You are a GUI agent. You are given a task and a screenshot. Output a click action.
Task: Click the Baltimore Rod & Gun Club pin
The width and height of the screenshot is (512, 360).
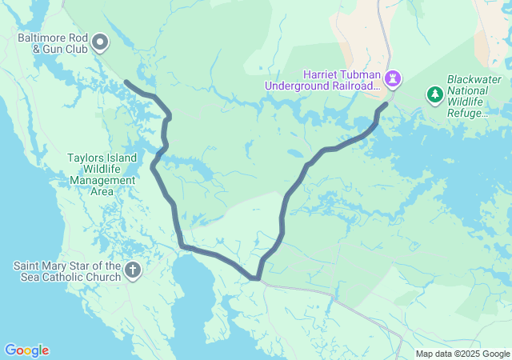pos(101,41)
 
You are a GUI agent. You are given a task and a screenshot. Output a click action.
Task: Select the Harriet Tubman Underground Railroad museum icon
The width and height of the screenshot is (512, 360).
pos(393,78)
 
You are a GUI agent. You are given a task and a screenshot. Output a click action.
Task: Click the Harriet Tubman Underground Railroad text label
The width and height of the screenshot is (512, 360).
pos(331,80)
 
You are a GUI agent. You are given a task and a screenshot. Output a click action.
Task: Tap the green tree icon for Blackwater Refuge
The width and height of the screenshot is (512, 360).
pos(435,95)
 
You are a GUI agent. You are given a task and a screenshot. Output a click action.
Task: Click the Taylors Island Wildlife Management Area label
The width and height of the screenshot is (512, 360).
pos(102,174)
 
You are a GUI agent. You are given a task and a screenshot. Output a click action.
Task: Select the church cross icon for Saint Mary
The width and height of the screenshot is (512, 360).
pos(134,272)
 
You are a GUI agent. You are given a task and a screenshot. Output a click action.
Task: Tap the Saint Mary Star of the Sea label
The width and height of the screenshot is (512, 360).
pos(67,271)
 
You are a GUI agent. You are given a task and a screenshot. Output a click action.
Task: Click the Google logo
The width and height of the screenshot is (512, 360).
pos(26,350)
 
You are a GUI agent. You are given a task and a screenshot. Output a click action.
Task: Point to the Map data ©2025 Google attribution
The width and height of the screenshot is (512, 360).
pos(462,354)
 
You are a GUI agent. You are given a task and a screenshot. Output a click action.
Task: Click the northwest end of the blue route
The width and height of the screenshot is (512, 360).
pos(126,82)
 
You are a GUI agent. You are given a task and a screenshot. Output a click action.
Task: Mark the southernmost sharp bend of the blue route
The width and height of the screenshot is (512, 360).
pos(255,278)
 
